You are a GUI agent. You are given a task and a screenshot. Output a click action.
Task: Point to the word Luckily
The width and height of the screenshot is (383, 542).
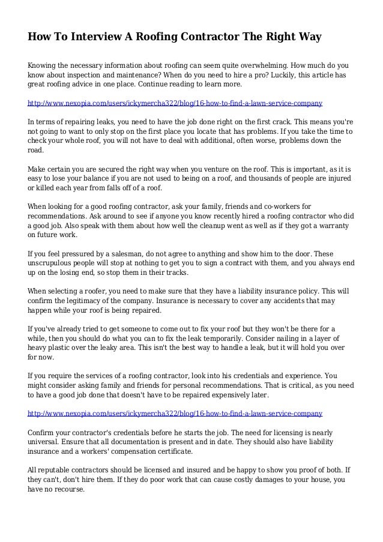click(237, 74)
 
